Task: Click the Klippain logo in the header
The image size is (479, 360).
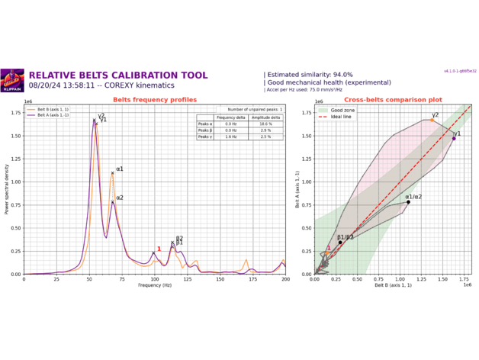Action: pos(13,79)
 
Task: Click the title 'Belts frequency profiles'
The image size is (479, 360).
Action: pos(155,100)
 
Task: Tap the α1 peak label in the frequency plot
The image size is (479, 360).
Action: pos(120,169)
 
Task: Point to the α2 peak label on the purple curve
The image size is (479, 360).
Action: pos(120,198)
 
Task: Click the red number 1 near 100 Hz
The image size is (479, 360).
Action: pos(159,249)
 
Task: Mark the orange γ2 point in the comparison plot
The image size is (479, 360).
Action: pos(431,120)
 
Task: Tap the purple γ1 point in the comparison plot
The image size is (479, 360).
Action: pos(453,138)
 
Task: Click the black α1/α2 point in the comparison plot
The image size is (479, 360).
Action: pos(408,202)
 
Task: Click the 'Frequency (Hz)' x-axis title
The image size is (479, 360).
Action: pos(155,285)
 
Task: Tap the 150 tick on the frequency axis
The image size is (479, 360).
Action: pos(220,279)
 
